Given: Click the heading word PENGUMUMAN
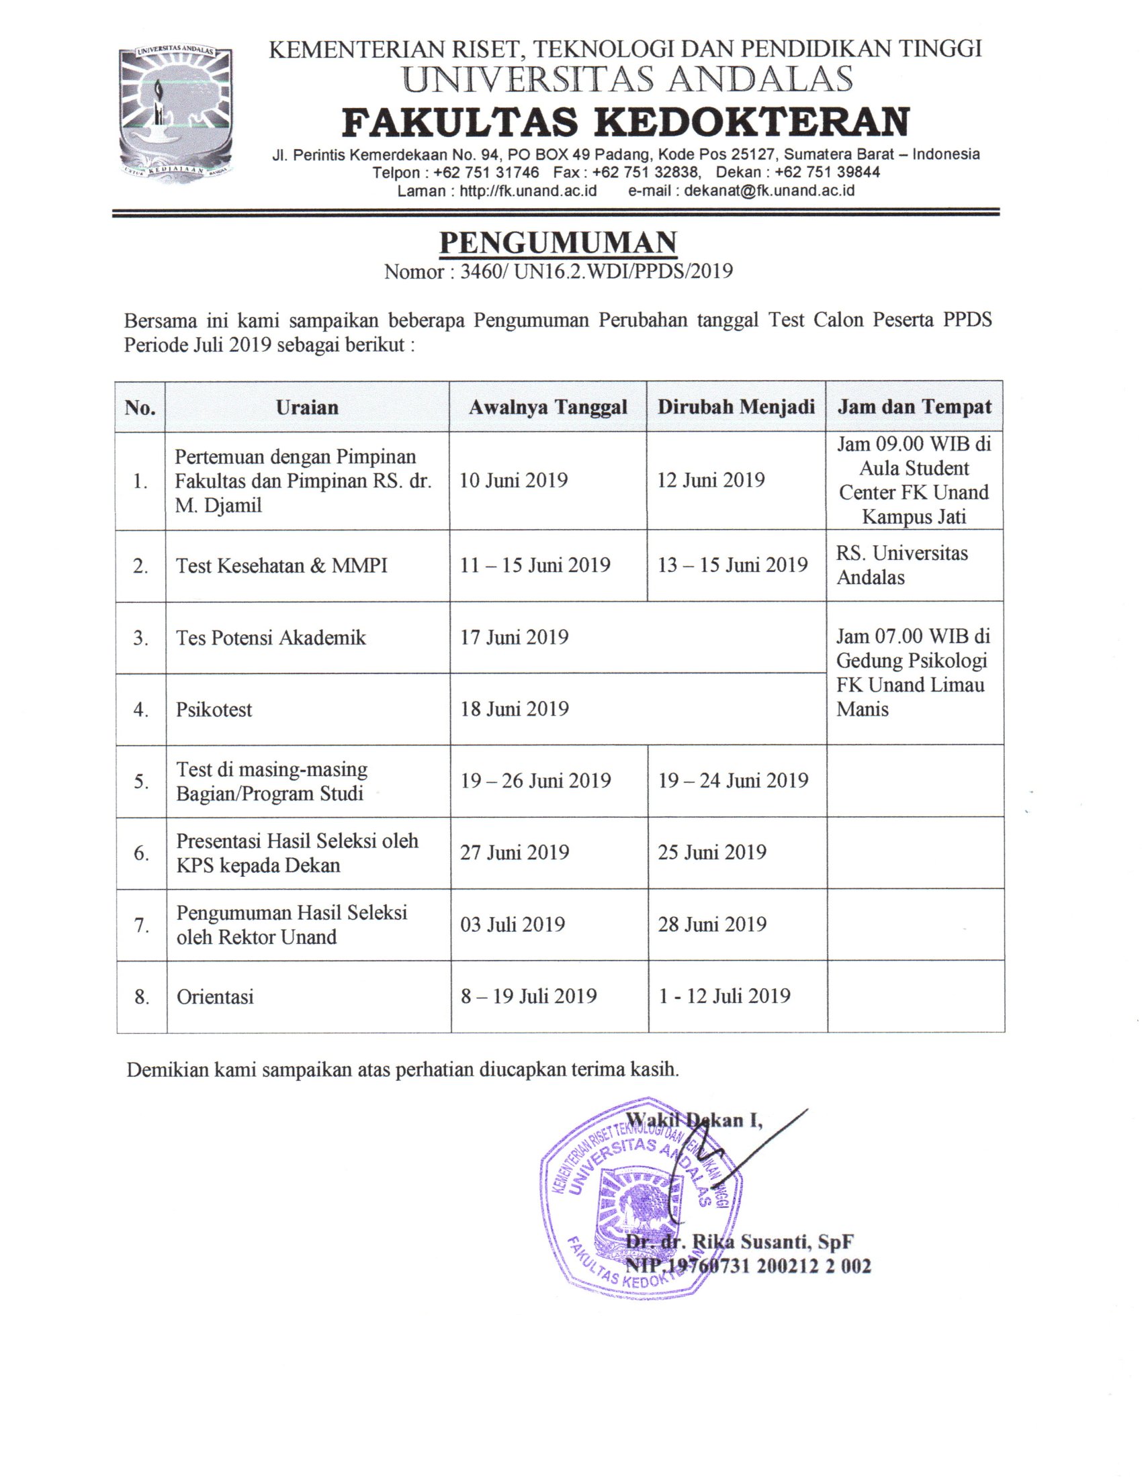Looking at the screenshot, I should click(x=558, y=244).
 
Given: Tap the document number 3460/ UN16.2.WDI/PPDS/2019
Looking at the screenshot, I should click(x=596, y=272).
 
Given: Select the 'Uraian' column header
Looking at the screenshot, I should click(x=307, y=407).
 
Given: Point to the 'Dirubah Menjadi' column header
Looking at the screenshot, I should click(x=736, y=407).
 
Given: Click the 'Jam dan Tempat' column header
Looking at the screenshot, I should click(x=914, y=407).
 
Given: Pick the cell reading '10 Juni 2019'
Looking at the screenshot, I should click(x=513, y=481).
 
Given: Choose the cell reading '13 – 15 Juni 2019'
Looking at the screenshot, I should click(x=733, y=565).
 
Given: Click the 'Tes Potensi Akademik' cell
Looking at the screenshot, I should click(x=271, y=638).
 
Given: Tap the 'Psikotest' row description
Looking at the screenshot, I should click(x=214, y=710).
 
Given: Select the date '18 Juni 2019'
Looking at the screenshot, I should click(x=514, y=709).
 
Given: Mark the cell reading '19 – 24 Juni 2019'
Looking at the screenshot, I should click(x=734, y=781).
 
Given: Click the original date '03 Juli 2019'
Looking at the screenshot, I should click(x=512, y=924).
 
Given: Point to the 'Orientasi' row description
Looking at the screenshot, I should click(x=215, y=997).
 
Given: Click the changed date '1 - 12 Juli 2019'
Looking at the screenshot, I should click(x=724, y=996).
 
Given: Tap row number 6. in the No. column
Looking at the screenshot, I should click(x=140, y=853).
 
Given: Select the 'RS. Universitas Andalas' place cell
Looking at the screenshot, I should click(x=902, y=565).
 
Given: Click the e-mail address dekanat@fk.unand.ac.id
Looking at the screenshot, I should click(x=769, y=191).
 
